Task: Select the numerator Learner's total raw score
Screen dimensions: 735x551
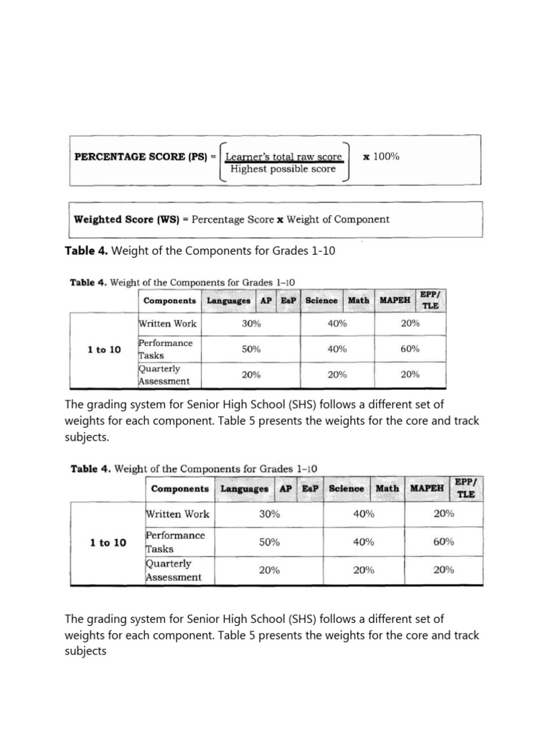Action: [x=283, y=156]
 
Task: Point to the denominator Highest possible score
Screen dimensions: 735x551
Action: [x=283, y=169]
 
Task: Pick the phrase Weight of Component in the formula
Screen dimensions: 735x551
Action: [x=338, y=220]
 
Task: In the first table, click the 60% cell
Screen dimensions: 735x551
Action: [x=410, y=350]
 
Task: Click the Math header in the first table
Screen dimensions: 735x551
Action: [x=359, y=301]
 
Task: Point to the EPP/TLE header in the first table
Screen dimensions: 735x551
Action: [x=430, y=299]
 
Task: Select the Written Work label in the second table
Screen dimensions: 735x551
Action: [x=178, y=514]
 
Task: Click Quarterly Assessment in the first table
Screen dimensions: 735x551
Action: [x=164, y=375]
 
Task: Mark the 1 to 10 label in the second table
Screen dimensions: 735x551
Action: [x=108, y=543]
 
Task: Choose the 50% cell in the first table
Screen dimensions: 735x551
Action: [x=251, y=350]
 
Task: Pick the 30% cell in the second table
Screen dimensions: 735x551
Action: [x=269, y=514]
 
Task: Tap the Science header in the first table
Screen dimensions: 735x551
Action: [x=321, y=301]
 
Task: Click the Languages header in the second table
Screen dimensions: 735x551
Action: [x=245, y=489]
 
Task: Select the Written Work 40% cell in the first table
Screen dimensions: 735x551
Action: [x=337, y=324]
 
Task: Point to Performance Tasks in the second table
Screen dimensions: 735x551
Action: [x=175, y=542]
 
